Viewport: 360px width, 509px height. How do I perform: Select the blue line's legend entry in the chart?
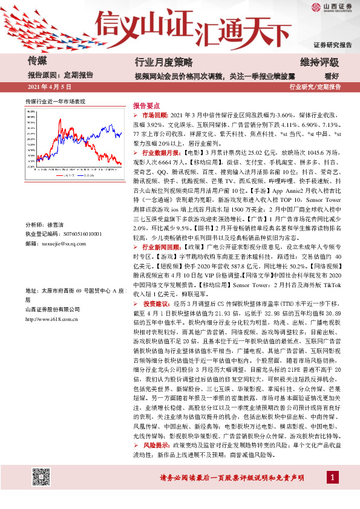point(87,176)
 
